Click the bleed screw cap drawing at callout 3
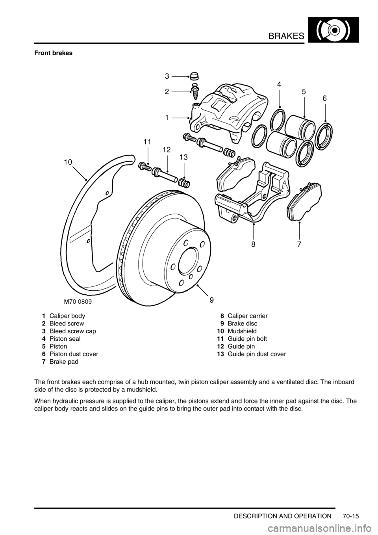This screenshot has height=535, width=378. pyautogui.click(x=195, y=77)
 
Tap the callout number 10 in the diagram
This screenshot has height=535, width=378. pyautogui.click(x=68, y=162)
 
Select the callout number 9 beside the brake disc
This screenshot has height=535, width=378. pyautogui.click(x=212, y=299)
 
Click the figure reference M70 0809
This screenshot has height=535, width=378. pyautogui.click(x=78, y=302)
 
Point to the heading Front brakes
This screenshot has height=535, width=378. pyautogui.click(x=54, y=53)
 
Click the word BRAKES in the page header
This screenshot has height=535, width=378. pyautogui.click(x=286, y=36)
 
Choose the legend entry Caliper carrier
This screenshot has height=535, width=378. pyautogui.click(x=247, y=316)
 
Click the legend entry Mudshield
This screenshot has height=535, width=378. pyautogui.click(x=242, y=331)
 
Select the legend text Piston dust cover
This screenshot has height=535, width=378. pyautogui.click(x=74, y=354)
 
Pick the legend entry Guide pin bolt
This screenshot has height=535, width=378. pyautogui.click(x=247, y=339)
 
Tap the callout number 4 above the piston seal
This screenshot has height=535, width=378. pyautogui.click(x=279, y=84)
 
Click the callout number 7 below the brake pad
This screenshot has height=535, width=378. pyautogui.click(x=299, y=244)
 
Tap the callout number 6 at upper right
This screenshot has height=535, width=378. pyautogui.click(x=325, y=98)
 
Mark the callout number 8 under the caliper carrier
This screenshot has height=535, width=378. pyautogui.click(x=253, y=244)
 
